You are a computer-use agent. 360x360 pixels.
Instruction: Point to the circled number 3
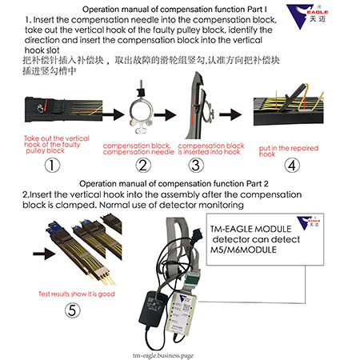pyautogui.click(x=195, y=166)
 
